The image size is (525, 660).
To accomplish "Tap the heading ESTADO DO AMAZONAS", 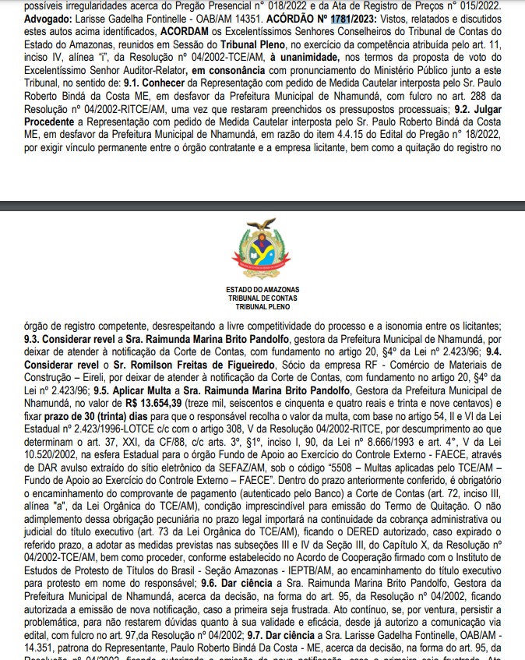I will coord(262,290).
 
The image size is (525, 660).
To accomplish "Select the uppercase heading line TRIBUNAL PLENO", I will coord(262,305).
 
